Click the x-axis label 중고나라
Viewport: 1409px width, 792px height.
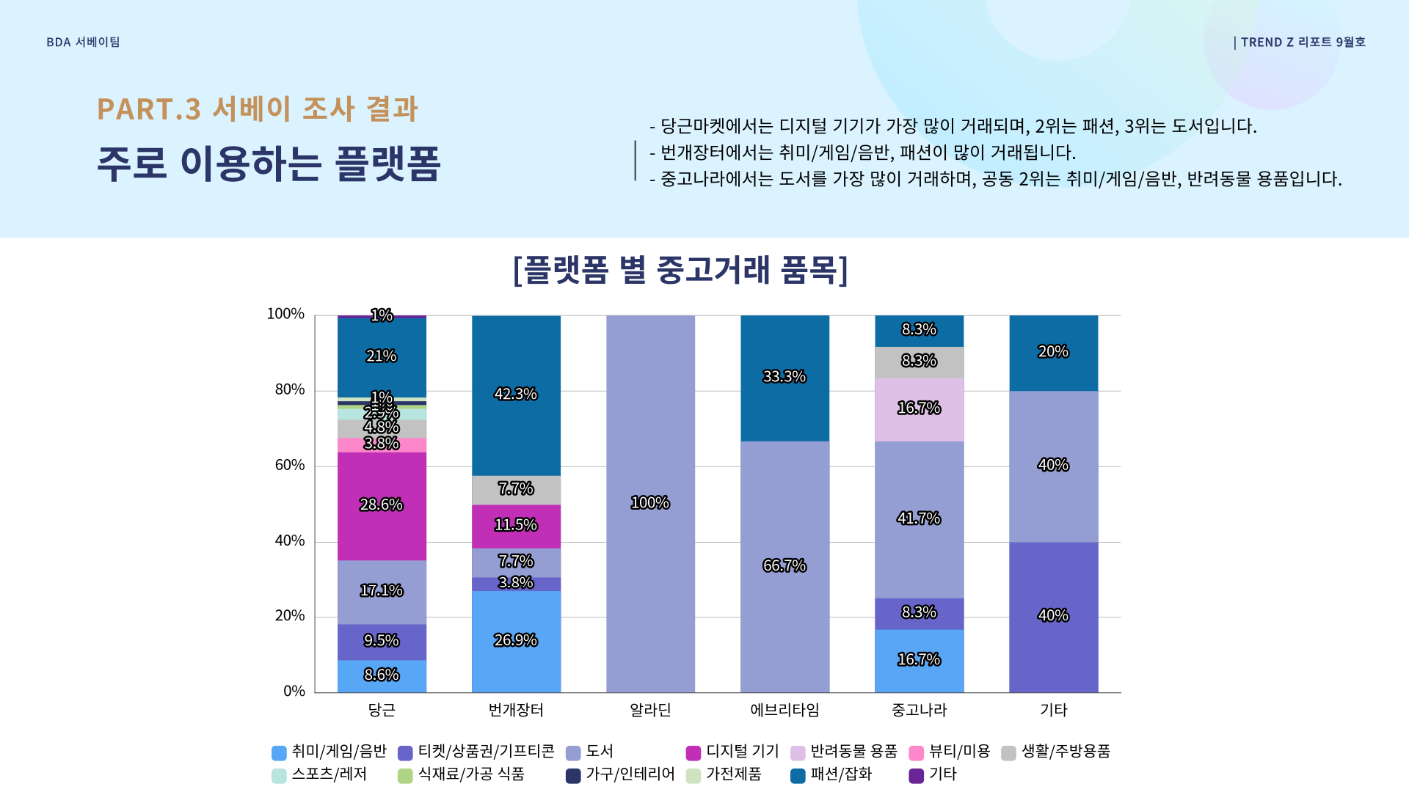coord(919,710)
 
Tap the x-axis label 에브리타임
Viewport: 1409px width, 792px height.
coord(784,710)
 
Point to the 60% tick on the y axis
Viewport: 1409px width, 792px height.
coord(290,466)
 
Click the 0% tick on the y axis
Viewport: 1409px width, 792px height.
coord(294,692)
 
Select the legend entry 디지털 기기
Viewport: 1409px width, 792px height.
coord(742,752)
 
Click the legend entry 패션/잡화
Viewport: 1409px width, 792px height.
coord(840,774)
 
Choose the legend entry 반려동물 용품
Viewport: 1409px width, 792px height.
coord(853,752)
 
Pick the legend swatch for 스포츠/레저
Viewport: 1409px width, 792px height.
coord(279,776)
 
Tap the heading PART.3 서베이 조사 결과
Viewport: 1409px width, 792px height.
coord(257,109)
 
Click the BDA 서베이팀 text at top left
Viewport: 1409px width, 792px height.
coord(83,43)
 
